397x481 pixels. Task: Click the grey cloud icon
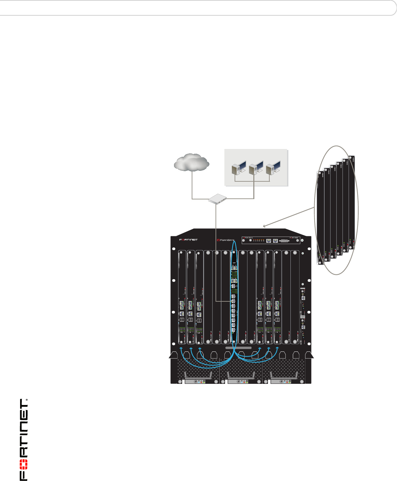coord(191,162)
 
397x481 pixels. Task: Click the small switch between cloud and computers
coord(217,199)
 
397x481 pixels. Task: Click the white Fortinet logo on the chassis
coord(189,239)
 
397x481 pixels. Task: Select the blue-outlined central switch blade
coord(234,293)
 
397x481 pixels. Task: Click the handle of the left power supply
coord(198,375)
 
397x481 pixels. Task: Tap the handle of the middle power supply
coord(241,375)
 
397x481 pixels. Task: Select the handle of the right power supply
coord(284,375)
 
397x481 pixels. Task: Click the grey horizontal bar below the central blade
coord(238,347)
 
